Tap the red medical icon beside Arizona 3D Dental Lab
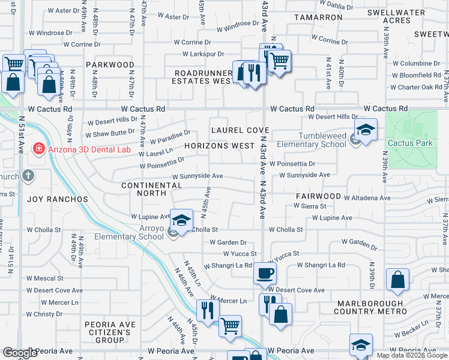(x=38, y=148)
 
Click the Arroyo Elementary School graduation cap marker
(x=181, y=220)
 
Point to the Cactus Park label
(x=410, y=143)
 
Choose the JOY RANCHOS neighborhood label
(x=57, y=199)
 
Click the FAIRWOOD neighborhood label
(x=318, y=196)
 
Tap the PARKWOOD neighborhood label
(x=110, y=64)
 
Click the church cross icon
(x=28, y=176)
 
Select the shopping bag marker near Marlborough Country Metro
(x=397, y=280)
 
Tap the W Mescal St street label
(x=45, y=278)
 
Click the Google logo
(x=20, y=353)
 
